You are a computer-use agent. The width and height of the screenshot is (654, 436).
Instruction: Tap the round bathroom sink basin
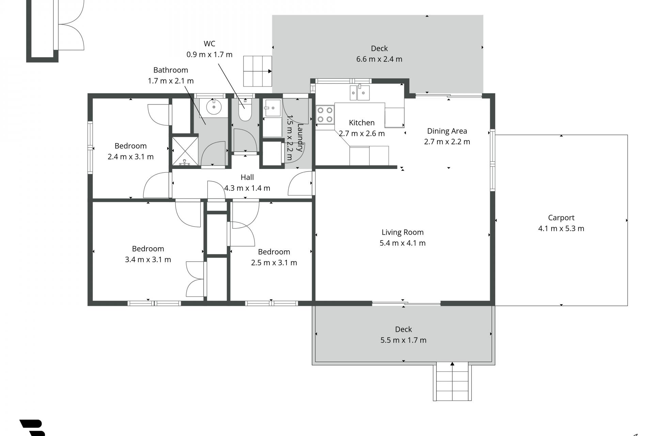tap(214, 108)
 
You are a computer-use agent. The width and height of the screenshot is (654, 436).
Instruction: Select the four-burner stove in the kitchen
tap(325, 114)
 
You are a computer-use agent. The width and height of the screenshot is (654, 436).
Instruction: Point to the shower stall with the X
tap(185, 151)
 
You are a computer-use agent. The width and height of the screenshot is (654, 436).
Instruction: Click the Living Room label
tap(403, 232)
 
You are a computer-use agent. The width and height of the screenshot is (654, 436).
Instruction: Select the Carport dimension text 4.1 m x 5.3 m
tap(561, 229)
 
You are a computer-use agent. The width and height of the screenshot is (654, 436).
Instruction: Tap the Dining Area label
tap(447, 131)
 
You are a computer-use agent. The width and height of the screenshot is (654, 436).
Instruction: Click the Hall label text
tap(247, 177)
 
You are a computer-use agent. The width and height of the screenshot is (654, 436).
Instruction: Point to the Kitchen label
tap(362, 123)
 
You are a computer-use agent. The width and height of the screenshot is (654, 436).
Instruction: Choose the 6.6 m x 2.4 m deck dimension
tap(379, 59)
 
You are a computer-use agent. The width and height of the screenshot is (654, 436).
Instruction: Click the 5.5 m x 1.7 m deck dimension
tap(403, 340)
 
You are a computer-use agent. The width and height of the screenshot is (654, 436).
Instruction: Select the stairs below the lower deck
tap(452, 381)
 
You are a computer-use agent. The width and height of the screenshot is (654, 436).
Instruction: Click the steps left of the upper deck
tap(258, 71)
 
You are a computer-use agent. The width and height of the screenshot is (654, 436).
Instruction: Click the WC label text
tap(209, 44)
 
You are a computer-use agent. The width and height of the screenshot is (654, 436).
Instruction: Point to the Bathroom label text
tap(171, 70)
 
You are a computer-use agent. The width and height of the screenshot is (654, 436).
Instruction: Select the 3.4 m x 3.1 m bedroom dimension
tap(148, 260)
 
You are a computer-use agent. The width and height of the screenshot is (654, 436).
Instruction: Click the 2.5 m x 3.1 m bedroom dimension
tap(274, 263)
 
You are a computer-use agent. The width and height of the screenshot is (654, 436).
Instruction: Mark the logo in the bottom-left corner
tap(32, 428)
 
